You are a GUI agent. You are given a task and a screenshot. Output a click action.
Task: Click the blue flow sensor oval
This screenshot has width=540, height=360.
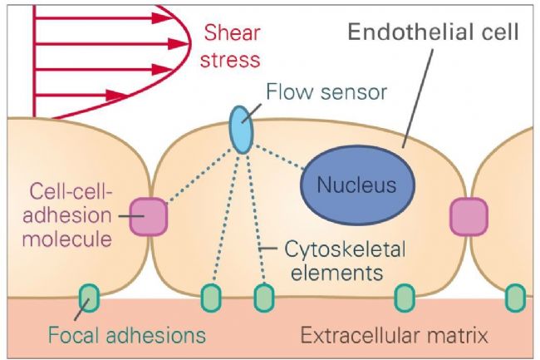click(x=242, y=130)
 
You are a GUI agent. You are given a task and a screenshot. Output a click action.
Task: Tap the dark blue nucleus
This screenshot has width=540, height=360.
click(x=357, y=185)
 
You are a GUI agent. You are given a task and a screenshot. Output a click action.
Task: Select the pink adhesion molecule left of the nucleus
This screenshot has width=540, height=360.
click(x=149, y=217)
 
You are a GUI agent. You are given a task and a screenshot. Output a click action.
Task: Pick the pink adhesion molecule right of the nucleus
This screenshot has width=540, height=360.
click(x=469, y=217)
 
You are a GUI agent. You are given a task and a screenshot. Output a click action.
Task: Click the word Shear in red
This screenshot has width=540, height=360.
click(x=232, y=33)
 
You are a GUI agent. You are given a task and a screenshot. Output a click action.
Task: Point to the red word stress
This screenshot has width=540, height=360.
click(x=230, y=60)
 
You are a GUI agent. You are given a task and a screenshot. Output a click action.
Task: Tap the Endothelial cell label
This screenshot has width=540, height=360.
click(x=433, y=32)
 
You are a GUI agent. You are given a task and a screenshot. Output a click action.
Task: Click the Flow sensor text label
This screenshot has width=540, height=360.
click(x=326, y=92)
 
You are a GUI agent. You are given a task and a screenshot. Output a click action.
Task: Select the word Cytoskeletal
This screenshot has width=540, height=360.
click(x=345, y=249)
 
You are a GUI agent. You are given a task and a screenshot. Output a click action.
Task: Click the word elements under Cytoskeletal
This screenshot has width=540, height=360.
click(x=336, y=273)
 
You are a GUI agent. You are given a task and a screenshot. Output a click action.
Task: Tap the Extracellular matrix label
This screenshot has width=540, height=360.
click(x=395, y=335)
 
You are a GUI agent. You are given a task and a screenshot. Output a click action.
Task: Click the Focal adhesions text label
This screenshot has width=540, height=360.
click(x=127, y=335)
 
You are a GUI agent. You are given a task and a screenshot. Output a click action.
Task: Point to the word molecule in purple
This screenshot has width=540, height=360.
click(x=66, y=239)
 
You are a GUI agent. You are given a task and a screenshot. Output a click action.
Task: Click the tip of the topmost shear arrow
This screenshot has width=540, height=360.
click(x=172, y=18)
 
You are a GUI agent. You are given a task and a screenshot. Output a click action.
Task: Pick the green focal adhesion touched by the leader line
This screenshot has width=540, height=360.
click(x=89, y=298)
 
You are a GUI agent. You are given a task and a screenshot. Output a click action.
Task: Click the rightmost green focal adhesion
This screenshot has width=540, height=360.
click(x=515, y=298)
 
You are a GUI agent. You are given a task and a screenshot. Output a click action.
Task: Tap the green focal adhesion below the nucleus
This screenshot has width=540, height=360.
click(x=405, y=298)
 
